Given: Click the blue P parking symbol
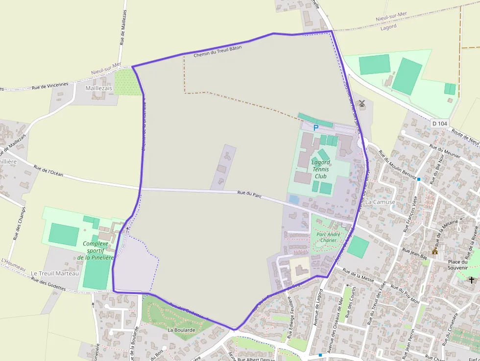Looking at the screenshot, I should pyautogui.click(x=316, y=128).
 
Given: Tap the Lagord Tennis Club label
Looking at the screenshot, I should pyautogui.click(x=321, y=169).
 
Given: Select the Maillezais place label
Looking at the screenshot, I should pyautogui.click(x=98, y=88).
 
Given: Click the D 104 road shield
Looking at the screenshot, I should pyautogui.click(x=440, y=123).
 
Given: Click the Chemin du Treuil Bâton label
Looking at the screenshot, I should pyautogui.click(x=217, y=51).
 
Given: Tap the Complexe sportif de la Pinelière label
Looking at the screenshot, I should pyautogui.click(x=96, y=250).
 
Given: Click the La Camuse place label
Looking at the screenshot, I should pyautogui.click(x=380, y=202).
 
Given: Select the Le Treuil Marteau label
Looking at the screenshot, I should pyautogui.click(x=54, y=273).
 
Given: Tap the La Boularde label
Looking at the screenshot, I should pyautogui.click(x=181, y=330).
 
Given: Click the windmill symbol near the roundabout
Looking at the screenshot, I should pyautogui.click(x=362, y=103).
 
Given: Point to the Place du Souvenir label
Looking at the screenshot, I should pyautogui.click(x=457, y=265).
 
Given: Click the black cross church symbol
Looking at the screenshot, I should pyautogui.click(x=471, y=280).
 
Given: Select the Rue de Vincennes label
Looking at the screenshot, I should pyautogui.click(x=50, y=85).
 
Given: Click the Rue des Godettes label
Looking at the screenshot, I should pyautogui.click(x=48, y=284).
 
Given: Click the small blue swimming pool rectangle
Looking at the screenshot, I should pyautogui.click(x=294, y=199).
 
